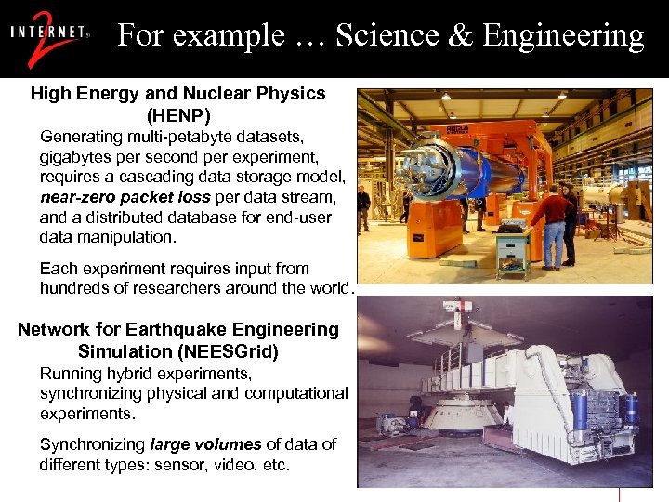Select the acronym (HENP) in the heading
(x=178, y=115)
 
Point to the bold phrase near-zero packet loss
(x=125, y=197)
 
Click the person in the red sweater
(x=553, y=223)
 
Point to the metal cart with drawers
(x=513, y=250)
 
